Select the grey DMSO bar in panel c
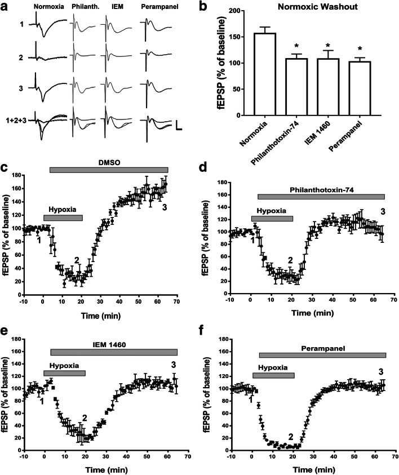[x=109, y=170]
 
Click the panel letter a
[x=6, y=6]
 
